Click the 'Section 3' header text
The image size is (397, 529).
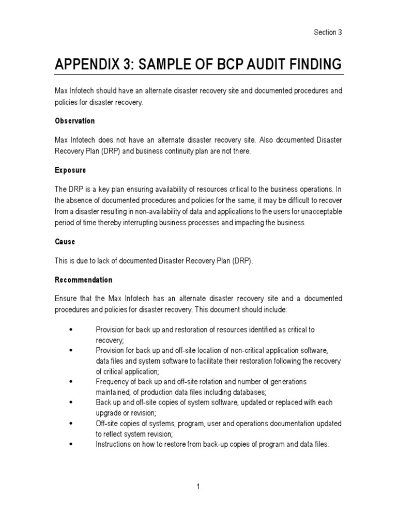[x=328, y=33]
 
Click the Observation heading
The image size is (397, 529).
[x=75, y=121]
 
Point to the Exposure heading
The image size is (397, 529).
[x=70, y=169]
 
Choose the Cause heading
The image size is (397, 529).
[x=65, y=242]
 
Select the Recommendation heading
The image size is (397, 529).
[x=83, y=280]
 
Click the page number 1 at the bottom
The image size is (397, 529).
[x=198, y=487]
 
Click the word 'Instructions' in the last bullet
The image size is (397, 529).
[x=113, y=444]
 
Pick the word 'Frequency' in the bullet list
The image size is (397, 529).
[x=112, y=382]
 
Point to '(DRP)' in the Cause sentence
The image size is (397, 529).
[x=241, y=261]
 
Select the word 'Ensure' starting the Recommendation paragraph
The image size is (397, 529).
[x=66, y=299]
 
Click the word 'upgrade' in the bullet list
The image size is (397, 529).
[x=109, y=412]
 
